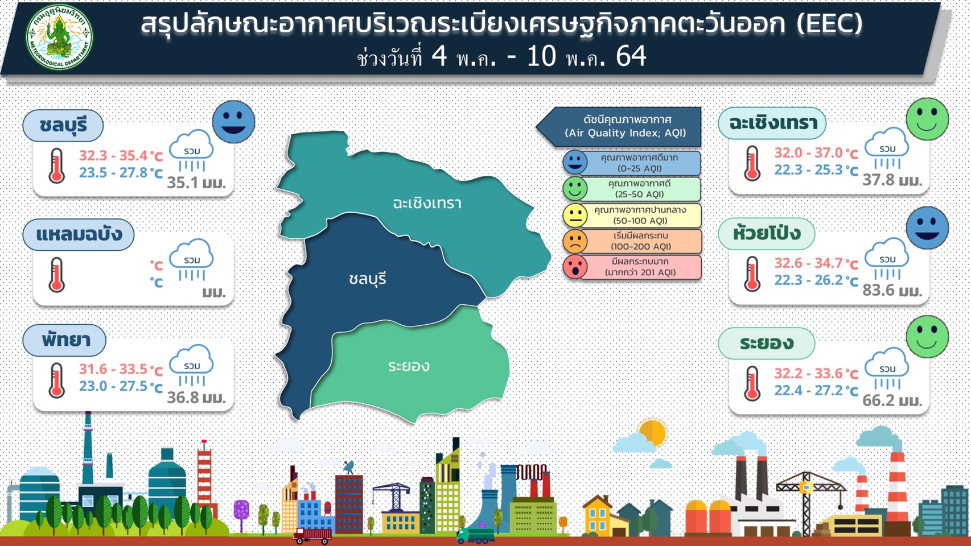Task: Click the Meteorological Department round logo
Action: pyautogui.click(x=59, y=38)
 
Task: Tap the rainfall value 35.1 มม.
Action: pyautogui.click(x=196, y=183)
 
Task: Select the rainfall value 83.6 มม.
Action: pyautogui.click(x=892, y=290)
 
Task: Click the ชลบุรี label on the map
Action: pyautogui.click(x=367, y=279)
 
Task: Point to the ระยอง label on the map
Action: pyautogui.click(x=409, y=366)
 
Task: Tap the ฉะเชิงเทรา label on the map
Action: pyautogui.click(x=427, y=203)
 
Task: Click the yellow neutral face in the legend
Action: pyautogui.click(x=575, y=216)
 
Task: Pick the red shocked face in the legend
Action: pyautogui.click(x=575, y=267)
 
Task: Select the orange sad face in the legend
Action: pyautogui.click(x=575, y=241)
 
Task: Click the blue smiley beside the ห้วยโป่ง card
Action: pyautogui.click(x=927, y=228)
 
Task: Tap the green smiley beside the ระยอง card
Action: pyautogui.click(x=927, y=337)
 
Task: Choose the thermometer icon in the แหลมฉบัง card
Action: pyautogui.click(x=56, y=275)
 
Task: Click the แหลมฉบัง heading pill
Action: pyautogui.click(x=79, y=234)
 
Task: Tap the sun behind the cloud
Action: pyautogui.click(x=653, y=432)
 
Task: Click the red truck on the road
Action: pyautogui.click(x=312, y=536)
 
